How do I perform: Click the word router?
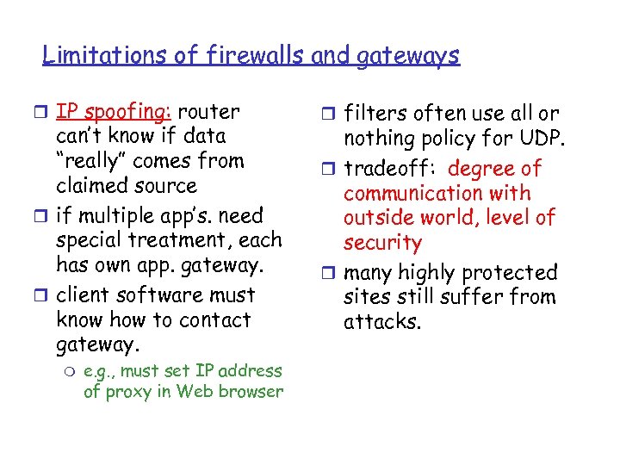[x=212, y=112]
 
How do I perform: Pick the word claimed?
[x=91, y=186]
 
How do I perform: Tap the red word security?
[x=382, y=244]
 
